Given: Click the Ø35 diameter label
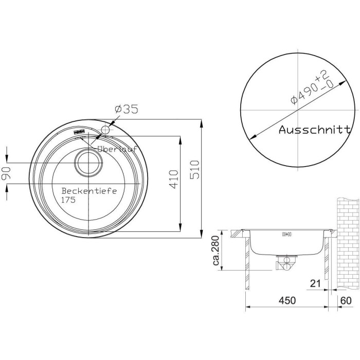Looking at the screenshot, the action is (x=127, y=109).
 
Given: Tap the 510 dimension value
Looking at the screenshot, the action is (x=195, y=170).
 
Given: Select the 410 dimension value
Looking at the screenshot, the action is (x=174, y=179).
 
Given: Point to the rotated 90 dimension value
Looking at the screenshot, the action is (x=6, y=173).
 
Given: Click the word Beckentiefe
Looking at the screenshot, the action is (x=89, y=191).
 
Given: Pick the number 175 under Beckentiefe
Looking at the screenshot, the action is (x=68, y=200).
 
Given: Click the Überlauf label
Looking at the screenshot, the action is (x=117, y=149).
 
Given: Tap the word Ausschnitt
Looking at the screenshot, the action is (x=315, y=130).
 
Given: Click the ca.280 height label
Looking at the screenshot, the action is (x=217, y=250).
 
